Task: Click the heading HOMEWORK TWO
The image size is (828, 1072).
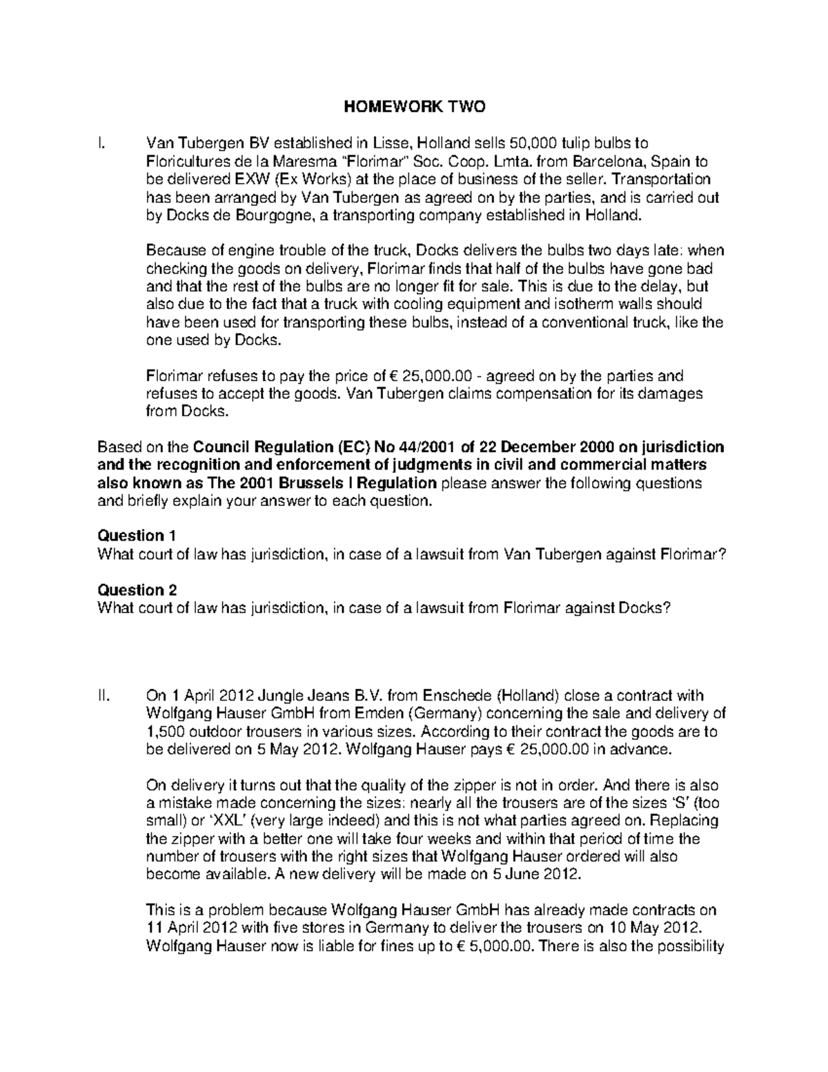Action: [x=415, y=107]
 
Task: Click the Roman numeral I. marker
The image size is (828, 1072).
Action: [x=101, y=144]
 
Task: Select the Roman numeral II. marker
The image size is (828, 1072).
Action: [x=103, y=695]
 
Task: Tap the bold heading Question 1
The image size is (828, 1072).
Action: [x=137, y=536]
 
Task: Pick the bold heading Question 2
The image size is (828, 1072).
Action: [x=137, y=590]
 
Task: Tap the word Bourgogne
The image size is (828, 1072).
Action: [x=266, y=215]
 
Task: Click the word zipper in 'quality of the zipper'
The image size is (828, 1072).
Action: [x=480, y=785]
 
